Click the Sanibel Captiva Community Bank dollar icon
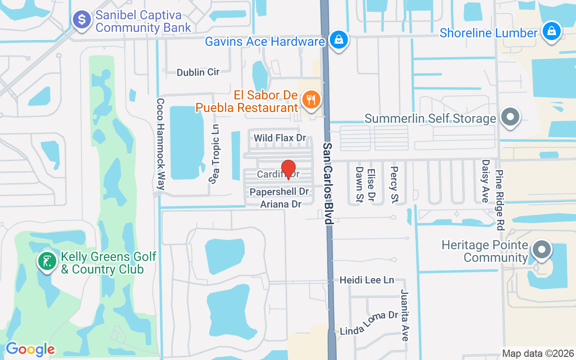click(x=82, y=20)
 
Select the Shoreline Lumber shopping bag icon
click(x=551, y=32)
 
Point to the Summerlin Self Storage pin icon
click(x=510, y=117)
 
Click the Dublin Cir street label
click(x=198, y=72)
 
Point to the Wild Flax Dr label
click(x=280, y=138)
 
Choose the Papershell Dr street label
click(x=279, y=192)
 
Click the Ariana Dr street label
click(x=280, y=204)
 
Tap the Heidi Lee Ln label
click(x=367, y=280)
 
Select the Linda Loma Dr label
click(x=369, y=323)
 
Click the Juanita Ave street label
click(x=405, y=315)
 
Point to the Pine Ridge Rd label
click(x=499, y=200)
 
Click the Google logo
click(x=30, y=349)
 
